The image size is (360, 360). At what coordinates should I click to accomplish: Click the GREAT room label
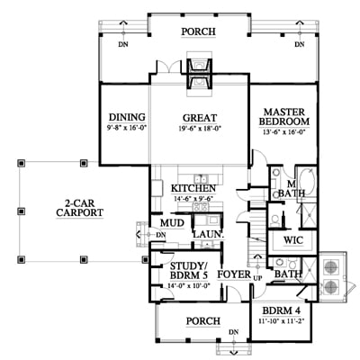200,118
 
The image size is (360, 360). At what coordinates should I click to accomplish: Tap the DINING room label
127,117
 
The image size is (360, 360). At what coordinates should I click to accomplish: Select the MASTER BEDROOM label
284,117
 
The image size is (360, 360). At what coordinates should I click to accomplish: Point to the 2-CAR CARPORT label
80,208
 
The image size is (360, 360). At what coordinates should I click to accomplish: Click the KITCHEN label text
193,188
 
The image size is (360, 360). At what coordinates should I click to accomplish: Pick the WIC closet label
293,240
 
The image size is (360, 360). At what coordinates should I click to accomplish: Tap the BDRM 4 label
282,310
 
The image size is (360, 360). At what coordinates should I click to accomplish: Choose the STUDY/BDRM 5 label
188,270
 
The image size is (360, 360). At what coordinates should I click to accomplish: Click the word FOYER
234,274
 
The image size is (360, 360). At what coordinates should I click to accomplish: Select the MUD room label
172,223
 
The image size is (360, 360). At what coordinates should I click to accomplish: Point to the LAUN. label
209,234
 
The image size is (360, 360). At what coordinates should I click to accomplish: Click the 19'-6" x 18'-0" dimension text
199,129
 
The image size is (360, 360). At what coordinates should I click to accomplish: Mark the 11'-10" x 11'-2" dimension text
282,320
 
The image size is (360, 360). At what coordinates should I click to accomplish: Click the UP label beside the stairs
257,278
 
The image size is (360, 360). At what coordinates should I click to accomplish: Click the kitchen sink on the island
201,179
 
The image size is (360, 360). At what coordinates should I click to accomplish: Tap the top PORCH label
198,31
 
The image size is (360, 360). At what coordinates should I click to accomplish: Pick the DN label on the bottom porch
234,332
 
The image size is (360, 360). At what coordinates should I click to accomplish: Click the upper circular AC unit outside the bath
330,266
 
